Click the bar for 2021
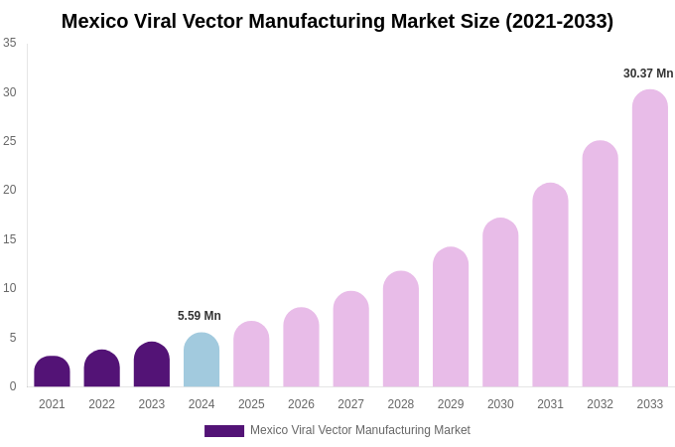point(52,372)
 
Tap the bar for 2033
point(650,238)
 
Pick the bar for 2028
point(401,329)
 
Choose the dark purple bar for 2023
point(152,365)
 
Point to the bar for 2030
point(500,302)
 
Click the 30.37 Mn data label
point(648,74)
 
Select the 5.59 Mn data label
point(200,316)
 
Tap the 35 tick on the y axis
point(10,43)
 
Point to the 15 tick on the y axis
point(10,239)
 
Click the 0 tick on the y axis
point(13,386)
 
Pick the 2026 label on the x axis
point(301,404)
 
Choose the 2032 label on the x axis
point(600,404)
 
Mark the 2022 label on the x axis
point(101,404)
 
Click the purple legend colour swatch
point(224,431)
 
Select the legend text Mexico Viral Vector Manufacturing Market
point(360,430)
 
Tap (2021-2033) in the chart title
point(559,21)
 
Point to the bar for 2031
point(550,285)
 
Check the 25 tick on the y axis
point(10,141)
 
